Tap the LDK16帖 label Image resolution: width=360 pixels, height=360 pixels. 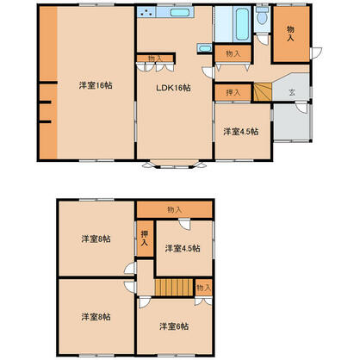click(172, 88)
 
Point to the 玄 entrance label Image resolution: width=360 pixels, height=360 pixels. click(293, 90)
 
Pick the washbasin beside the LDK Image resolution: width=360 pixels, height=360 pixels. click(205, 50)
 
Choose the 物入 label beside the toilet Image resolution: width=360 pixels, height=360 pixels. click(290, 34)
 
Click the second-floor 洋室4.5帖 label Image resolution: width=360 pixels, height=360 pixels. click(183, 249)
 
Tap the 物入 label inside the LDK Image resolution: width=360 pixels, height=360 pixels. click(155, 59)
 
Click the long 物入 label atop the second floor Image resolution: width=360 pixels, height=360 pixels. click(175, 209)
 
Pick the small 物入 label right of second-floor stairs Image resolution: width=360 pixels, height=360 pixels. click(202, 287)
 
